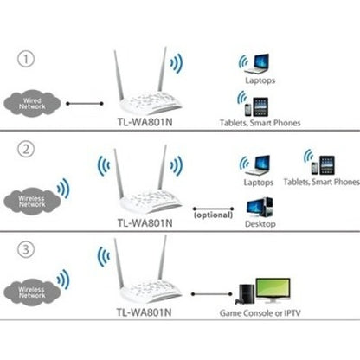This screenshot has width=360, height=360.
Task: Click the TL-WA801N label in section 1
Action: (145, 124)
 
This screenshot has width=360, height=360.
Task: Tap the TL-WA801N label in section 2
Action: (144, 222)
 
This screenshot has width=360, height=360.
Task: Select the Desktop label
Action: (260, 222)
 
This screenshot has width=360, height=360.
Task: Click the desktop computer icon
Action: (260, 205)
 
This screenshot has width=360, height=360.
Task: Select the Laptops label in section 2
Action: (258, 183)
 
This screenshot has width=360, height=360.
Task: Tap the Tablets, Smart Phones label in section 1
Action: (260, 124)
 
